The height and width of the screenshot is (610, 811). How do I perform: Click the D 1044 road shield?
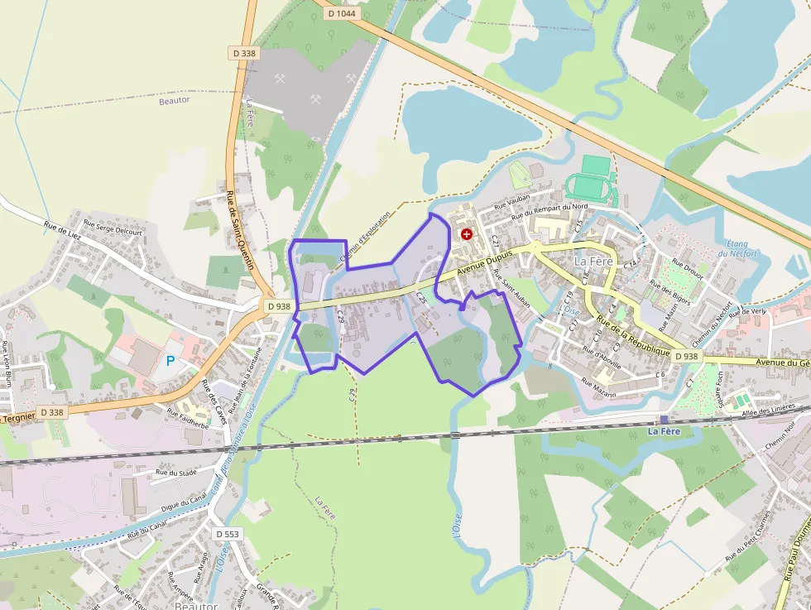[x=341, y=13]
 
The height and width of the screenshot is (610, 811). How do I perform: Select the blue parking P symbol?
[x=171, y=361]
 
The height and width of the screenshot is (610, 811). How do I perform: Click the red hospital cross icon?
[x=467, y=234]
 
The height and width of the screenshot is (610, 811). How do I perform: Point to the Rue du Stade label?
[x=173, y=473]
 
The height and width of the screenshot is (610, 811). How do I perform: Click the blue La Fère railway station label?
[x=664, y=431]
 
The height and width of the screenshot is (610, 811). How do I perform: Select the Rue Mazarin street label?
[x=599, y=387]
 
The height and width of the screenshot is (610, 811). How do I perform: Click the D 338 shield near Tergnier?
[x=50, y=412]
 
